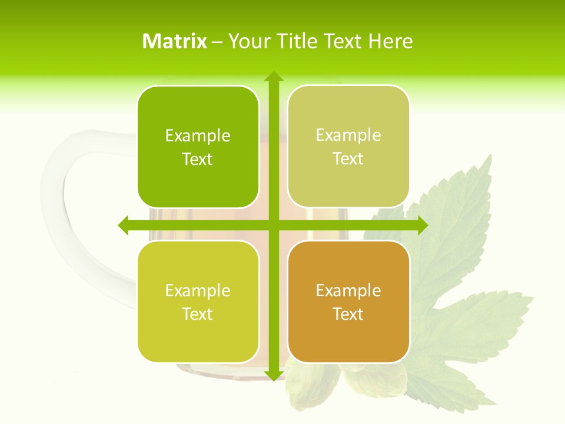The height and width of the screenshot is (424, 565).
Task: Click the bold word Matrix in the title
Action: point(175,41)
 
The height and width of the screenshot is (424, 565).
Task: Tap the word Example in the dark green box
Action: point(198,136)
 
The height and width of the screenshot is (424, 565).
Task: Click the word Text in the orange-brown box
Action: point(348,314)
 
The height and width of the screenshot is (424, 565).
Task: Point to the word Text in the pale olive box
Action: point(348,159)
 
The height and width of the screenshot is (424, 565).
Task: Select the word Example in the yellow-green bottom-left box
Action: point(198,291)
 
